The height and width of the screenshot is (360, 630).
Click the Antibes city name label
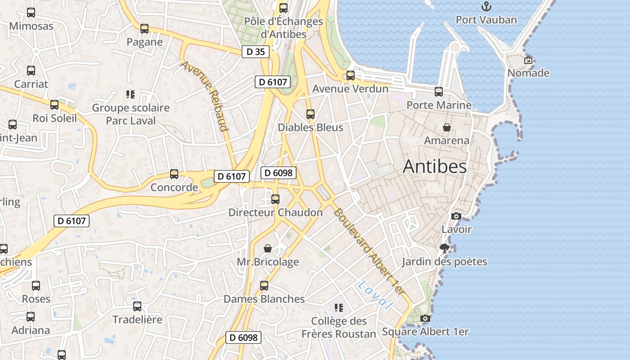click(435, 166)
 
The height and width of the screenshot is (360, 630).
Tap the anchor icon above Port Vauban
click(486, 6)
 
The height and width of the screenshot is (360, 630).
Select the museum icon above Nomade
click(528, 59)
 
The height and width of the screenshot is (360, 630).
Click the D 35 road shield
click(256, 52)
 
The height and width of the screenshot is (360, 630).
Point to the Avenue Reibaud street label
click(205, 96)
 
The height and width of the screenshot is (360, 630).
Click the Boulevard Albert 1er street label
click(369, 252)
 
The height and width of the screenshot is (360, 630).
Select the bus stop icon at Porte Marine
click(439, 92)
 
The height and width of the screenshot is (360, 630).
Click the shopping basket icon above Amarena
click(446, 127)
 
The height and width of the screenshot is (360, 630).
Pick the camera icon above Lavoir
click(456, 216)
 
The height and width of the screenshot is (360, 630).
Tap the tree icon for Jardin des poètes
click(445, 248)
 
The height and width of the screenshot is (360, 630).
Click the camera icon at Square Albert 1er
click(425, 319)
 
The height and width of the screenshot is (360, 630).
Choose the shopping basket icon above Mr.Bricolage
click(268, 248)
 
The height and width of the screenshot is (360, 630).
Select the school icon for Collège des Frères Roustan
click(339, 308)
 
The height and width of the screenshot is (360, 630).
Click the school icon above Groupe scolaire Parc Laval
click(130, 94)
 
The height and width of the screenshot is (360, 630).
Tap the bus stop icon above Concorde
click(174, 174)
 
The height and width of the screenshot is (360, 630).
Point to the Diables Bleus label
click(310, 127)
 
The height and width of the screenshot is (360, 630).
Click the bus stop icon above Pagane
click(144, 29)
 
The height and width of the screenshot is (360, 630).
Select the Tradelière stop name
click(137, 319)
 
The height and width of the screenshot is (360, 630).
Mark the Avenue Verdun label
click(350, 89)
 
